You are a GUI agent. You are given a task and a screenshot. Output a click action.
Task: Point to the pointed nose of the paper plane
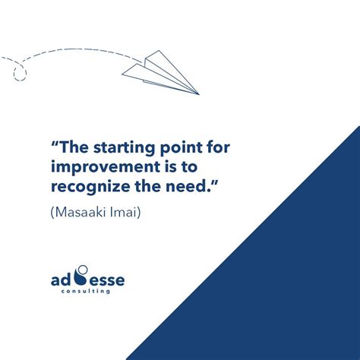[198, 94]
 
